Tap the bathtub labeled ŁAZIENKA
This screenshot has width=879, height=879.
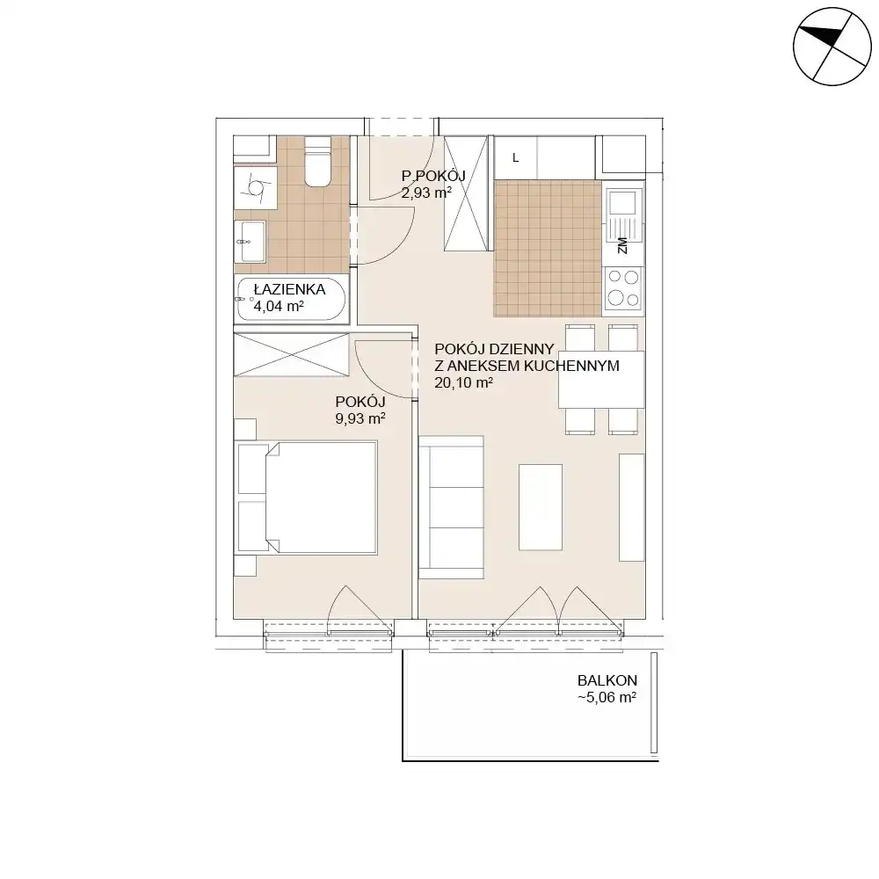click(292, 300)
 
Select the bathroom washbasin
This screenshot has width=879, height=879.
click(250, 242)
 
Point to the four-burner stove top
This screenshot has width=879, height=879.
click(623, 287)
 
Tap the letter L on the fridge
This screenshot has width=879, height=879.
click(516, 158)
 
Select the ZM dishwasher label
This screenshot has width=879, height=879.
click(622, 245)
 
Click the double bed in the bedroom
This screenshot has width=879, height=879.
click(308, 498)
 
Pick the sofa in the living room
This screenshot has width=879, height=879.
click(451, 507)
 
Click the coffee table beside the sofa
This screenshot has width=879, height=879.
click(541, 507)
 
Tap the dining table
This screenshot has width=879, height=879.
click(601, 380)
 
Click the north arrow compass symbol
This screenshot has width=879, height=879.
click(832, 47)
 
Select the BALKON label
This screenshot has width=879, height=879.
click(607, 680)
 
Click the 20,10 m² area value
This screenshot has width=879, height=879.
click(463, 383)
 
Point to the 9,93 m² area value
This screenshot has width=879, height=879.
click(360, 418)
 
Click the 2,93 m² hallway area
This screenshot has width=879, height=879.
click(426, 193)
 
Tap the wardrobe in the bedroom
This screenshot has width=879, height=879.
click(291, 355)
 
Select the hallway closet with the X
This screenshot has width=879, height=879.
click(465, 194)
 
